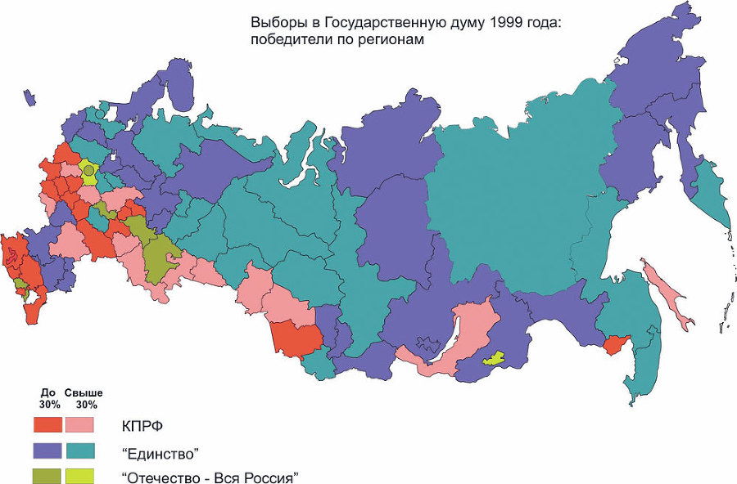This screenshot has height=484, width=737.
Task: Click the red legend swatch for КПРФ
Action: (x=47, y=424)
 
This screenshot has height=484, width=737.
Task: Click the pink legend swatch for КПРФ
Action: (x=79, y=424)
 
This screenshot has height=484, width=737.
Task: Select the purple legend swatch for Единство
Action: (x=47, y=450)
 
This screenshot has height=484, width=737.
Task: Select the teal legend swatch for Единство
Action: (x=79, y=450)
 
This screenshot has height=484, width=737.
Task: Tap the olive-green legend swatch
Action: (x=47, y=475)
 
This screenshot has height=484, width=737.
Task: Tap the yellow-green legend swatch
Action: (x=79, y=475)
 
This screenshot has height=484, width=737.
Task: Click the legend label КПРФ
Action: (x=141, y=426)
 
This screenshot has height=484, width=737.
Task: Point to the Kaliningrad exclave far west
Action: (x=30, y=98)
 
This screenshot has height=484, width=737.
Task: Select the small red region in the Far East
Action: (x=617, y=347)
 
